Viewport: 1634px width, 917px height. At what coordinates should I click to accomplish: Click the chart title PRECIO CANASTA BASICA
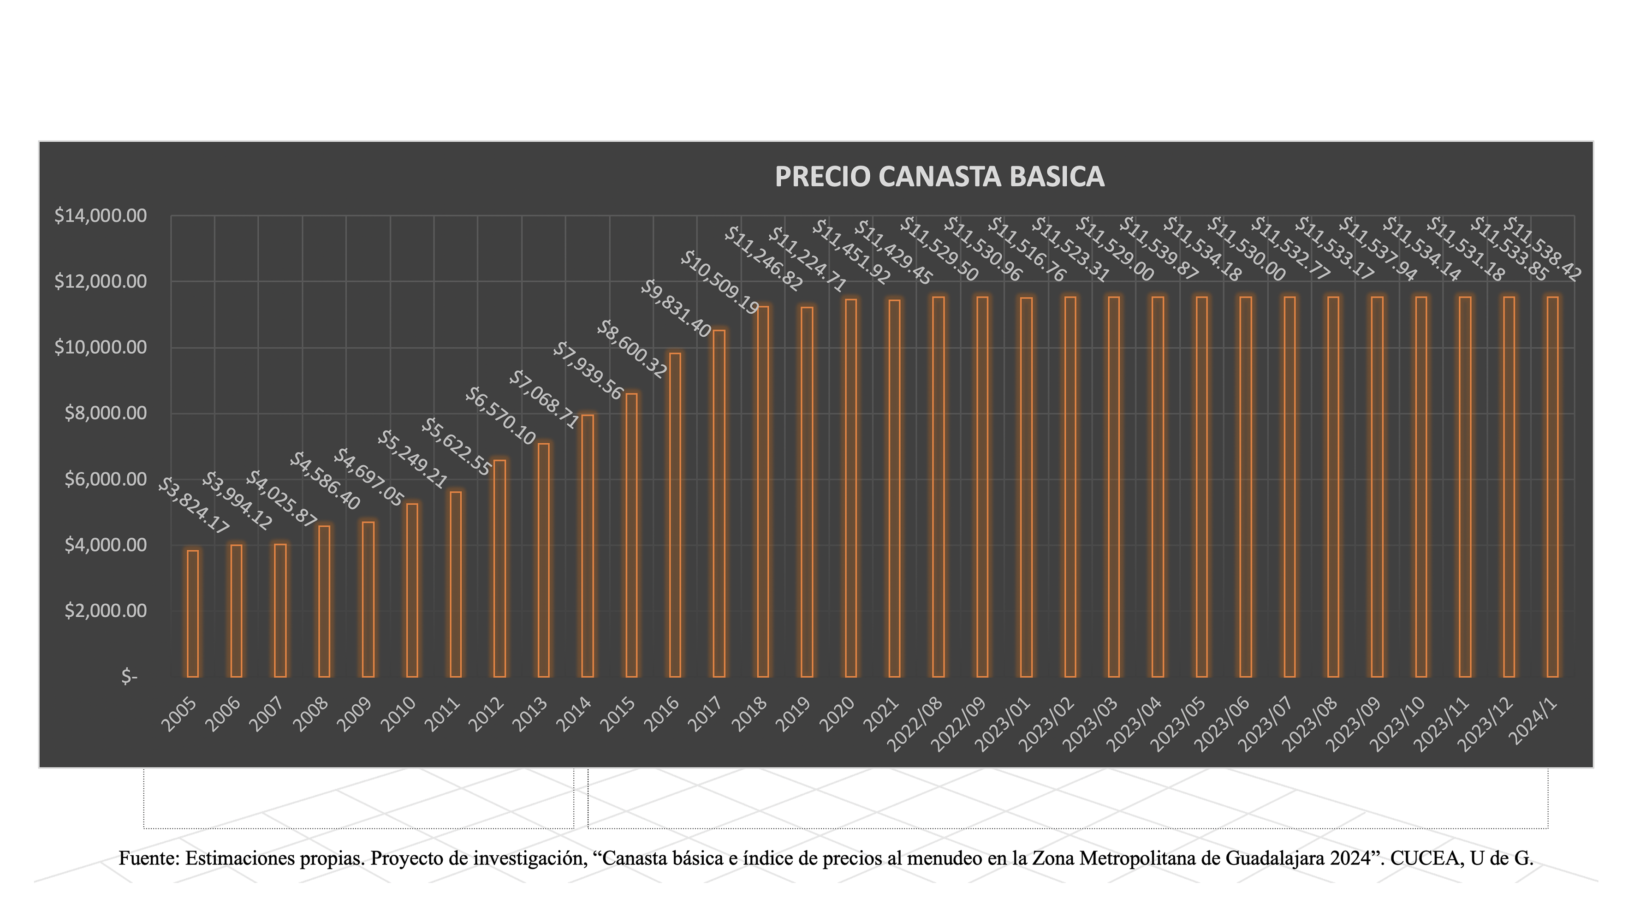pos(939,177)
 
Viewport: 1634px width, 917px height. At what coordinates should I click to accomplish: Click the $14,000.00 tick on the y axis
pos(100,216)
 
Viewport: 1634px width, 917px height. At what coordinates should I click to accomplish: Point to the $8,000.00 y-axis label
pos(105,414)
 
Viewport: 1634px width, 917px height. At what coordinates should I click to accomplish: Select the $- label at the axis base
pos(130,677)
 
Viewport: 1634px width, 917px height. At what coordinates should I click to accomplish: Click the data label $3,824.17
pos(193,506)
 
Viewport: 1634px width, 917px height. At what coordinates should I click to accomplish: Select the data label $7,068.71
pos(544,400)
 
